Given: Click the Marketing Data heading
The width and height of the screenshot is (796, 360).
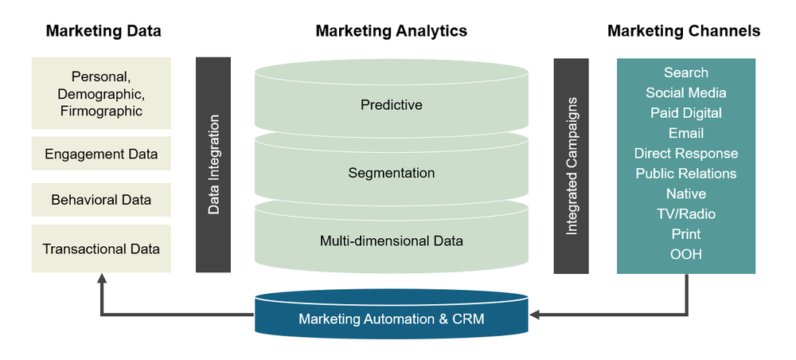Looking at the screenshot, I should [103, 31].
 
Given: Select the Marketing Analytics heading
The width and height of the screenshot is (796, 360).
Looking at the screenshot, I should [391, 31].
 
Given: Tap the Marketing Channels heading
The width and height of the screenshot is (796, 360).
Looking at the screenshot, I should [684, 31].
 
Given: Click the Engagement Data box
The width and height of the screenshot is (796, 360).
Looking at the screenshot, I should [101, 154].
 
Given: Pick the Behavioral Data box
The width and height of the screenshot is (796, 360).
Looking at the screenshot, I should [101, 200].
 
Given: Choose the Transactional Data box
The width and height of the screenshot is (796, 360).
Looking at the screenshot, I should [101, 248].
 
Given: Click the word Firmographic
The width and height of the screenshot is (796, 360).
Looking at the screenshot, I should [101, 112].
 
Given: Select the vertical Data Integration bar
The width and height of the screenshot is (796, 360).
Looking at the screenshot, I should [213, 165].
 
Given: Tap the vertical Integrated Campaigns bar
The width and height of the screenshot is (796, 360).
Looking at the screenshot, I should [572, 165].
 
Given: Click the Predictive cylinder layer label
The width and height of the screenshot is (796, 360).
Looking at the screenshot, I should [391, 104].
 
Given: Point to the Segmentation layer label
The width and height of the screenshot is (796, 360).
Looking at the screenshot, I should [391, 173].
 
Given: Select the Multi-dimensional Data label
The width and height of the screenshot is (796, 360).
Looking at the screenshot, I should [391, 240].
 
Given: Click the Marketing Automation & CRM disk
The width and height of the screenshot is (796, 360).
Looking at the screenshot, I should [391, 319].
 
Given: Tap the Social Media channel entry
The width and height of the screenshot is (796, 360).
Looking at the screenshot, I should [685, 93].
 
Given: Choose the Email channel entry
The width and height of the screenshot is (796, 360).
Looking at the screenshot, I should [685, 133].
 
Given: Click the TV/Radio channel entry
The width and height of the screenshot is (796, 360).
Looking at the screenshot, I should [685, 213].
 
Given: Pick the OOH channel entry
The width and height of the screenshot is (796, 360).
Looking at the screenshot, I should [685, 254].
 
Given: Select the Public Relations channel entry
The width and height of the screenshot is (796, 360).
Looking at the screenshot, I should [685, 174].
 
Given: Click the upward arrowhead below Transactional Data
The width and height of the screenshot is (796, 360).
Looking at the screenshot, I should [101, 279].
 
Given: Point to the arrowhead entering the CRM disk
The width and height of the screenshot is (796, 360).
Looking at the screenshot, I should [535, 315].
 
